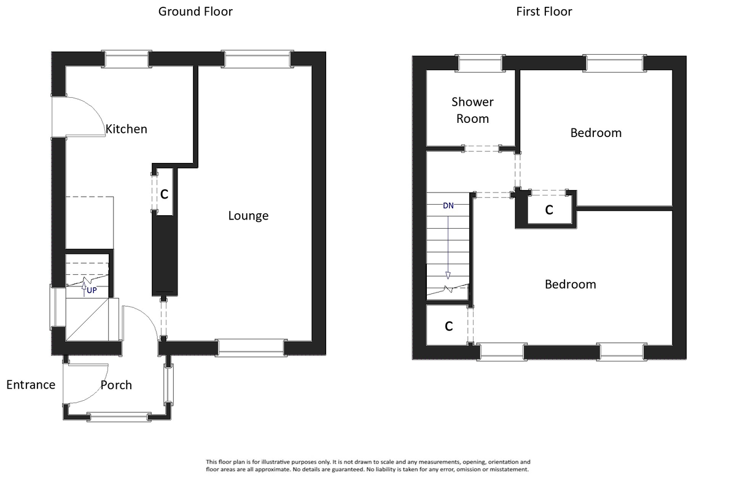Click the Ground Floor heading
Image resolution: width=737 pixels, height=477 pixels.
[195, 11]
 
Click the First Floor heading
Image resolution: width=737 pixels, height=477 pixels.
[544, 11]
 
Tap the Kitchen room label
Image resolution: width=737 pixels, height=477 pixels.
[127, 129]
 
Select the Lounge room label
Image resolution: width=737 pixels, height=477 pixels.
[248, 216]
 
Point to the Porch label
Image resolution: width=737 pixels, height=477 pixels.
[116, 385]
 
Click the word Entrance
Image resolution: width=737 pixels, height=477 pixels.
[31, 385]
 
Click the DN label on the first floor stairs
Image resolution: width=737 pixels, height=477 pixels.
[448, 206]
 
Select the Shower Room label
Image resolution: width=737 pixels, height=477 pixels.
[472, 110]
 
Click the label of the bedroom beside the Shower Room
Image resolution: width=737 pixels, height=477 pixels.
[596, 133]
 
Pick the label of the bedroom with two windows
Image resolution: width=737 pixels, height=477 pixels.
[570, 285]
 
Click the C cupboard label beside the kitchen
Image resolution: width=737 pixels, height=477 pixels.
[164, 194]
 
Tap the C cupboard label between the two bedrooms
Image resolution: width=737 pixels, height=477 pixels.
[549, 210]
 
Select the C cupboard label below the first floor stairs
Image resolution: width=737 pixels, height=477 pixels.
[448, 326]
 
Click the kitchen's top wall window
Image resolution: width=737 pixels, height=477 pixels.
[126, 59]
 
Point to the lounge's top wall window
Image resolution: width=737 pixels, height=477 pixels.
[257, 59]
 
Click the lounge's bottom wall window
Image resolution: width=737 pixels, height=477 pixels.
[251, 347]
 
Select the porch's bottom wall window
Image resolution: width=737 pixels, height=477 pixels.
[119, 417]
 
